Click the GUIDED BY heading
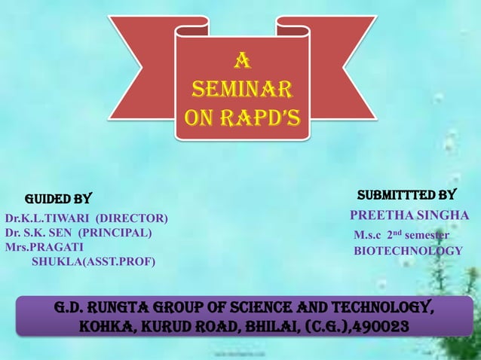[x=59, y=200]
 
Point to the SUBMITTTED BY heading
[x=406, y=195]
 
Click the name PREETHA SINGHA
[x=409, y=216]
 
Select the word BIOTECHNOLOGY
[x=408, y=251]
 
